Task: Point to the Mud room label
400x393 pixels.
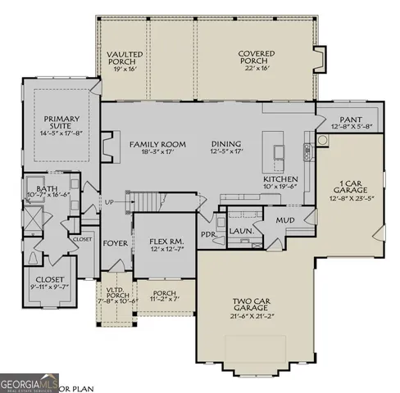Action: [285, 220]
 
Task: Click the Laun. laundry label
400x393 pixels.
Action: [239, 232]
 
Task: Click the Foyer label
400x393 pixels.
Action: [114, 244]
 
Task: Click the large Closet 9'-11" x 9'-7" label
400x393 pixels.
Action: [37, 282]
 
